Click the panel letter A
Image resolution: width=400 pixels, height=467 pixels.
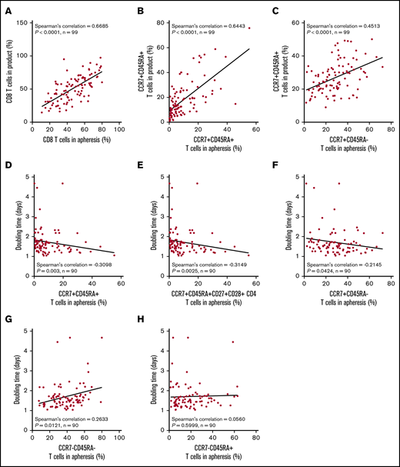[x=8, y=8]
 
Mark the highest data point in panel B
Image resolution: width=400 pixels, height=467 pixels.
[x=249, y=28]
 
